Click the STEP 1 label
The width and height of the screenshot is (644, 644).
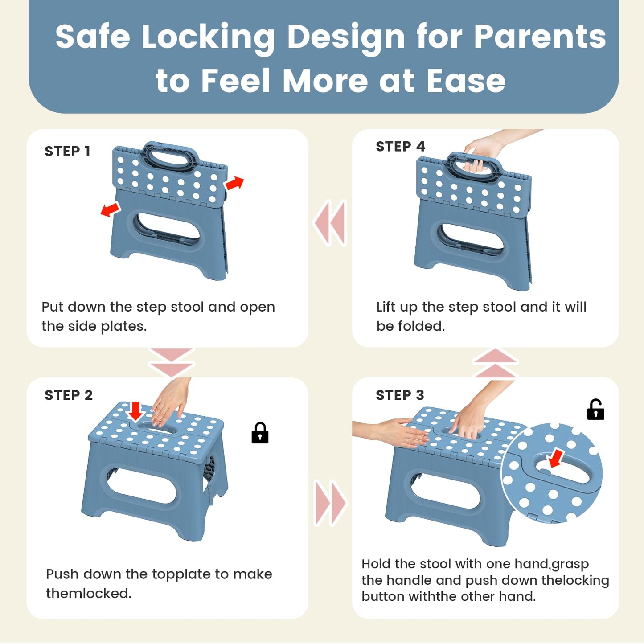coord(67,152)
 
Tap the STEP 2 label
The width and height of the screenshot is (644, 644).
coord(69,395)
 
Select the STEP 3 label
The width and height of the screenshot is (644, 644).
coord(400,395)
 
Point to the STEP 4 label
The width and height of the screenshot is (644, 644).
coord(400,146)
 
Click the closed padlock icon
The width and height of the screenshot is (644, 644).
coord(260,433)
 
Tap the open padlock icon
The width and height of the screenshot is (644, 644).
coord(595,410)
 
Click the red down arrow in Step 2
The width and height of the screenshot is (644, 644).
coord(135,411)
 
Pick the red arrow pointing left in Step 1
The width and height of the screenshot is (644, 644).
coord(110,209)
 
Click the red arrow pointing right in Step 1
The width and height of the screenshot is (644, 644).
coord(234,183)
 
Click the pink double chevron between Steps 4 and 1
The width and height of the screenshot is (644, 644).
coord(330,223)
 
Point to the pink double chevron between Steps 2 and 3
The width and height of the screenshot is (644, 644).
coord(331,503)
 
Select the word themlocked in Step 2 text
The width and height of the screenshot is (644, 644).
coord(89,594)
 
